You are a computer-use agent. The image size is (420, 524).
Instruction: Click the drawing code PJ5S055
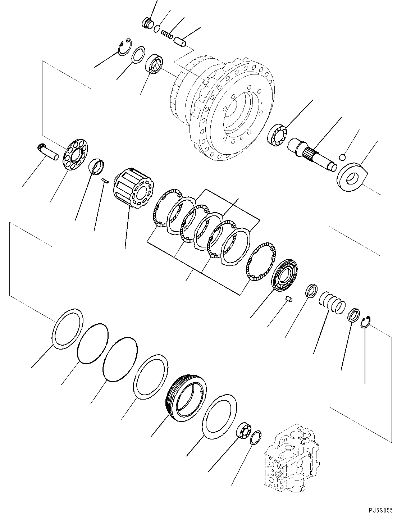tap(381, 511)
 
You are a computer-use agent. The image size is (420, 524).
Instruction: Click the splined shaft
tap(312, 153)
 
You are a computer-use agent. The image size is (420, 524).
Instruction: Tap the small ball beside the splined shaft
tap(343, 157)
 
